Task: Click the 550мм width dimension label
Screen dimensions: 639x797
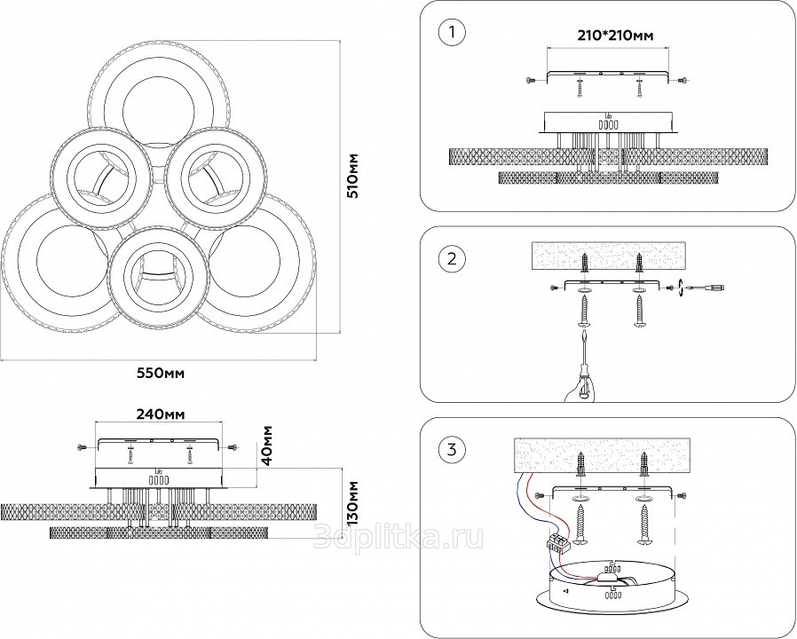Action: click(x=161, y=374)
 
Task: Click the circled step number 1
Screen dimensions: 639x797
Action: click(x=452, y=34)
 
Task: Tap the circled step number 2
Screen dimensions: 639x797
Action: click(x=452, y=259)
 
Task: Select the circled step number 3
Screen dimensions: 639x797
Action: click(x=452, y=449)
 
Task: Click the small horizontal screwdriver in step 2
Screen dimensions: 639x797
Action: click(x=706, y=288)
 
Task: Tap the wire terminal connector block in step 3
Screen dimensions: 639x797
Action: click(x=557, y=542)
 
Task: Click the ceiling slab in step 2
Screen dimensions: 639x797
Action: click(x=610, y=256)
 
